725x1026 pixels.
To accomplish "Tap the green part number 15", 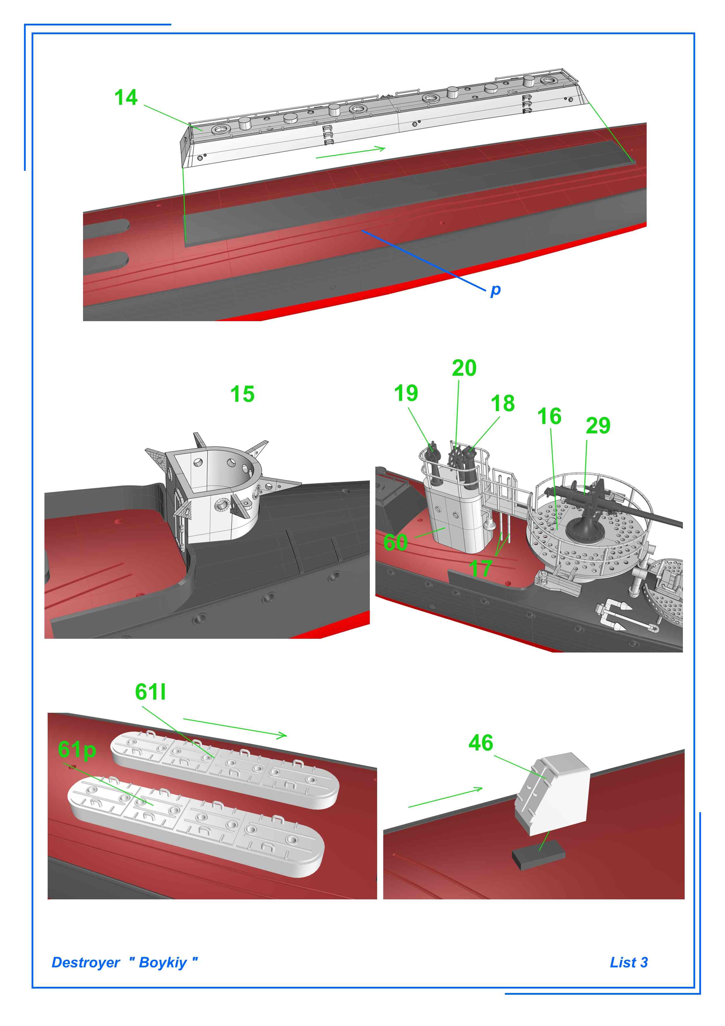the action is pos(242,394).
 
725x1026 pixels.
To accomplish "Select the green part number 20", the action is pos(464,368).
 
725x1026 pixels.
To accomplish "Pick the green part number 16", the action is pos(549,416).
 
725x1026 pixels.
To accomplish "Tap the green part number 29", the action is pos(598,426).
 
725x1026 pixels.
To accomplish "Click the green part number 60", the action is pos(395,543).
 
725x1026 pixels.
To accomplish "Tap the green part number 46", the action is pos(481,743).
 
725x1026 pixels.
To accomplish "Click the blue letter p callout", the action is pos(496,290).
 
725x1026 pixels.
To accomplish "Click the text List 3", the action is pos(629,962).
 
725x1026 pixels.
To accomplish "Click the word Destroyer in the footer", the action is pos(86,962).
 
